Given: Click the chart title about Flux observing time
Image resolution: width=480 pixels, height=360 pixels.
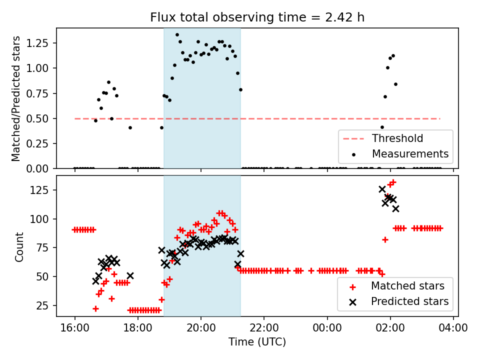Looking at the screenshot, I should (257, 17).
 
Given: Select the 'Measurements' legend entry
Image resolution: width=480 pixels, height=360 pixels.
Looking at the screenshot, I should (410, 153).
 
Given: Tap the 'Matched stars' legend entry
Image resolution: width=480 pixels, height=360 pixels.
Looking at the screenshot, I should (407, 286).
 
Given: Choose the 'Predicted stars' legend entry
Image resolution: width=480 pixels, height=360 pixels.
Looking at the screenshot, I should (409, 301).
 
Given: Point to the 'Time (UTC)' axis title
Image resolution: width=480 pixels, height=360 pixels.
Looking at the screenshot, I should (257, 342).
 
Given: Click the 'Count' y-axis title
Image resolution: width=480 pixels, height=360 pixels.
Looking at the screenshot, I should (19, 246).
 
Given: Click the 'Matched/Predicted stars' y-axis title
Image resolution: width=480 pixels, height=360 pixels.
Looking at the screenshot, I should (16, 98).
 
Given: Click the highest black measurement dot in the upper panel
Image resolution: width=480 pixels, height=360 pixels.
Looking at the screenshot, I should (177, 35).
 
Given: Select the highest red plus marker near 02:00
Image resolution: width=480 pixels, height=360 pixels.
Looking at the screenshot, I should (393, 182).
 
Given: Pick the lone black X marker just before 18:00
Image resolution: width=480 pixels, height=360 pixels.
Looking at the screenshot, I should (130, 275).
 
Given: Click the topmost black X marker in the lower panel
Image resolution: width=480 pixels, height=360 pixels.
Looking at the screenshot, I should (382, 189).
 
